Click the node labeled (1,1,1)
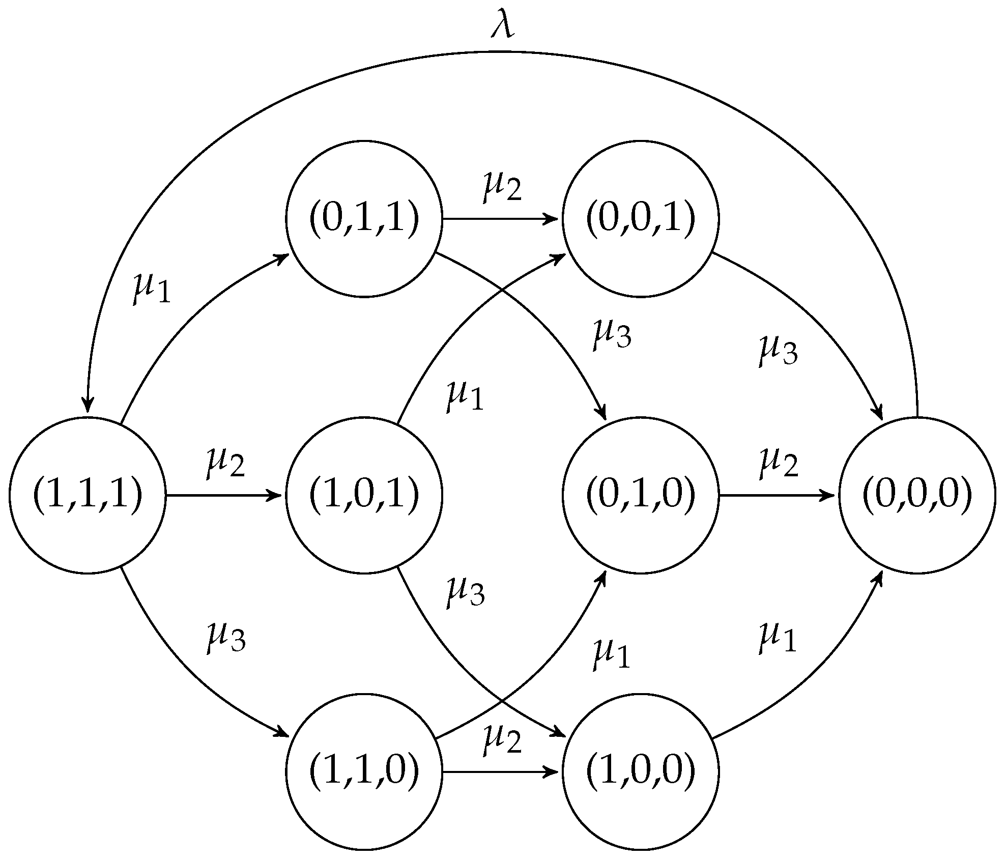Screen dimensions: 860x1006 pos(88,495)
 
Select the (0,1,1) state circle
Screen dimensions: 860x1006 pos(364,218)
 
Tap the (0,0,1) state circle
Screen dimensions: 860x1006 pos(640,218)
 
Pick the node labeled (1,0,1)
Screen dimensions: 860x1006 pos(364,495)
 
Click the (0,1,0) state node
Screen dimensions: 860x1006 pos(640,495)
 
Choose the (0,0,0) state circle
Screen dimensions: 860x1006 pos(916,495)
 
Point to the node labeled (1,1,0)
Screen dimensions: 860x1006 pos(364,771)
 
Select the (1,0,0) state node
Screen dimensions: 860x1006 pos(640,771)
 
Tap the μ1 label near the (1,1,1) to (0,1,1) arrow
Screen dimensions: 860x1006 pos(151,288)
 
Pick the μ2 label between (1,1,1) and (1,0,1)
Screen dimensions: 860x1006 pos(225,463)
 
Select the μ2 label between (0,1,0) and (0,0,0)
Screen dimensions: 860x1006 pos(778,463)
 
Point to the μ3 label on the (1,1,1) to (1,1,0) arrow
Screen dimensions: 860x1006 pos(225,638)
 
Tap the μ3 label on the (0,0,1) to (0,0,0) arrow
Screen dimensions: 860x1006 pos(778,350)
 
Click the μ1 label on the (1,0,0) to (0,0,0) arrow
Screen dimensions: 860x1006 pos(777,638)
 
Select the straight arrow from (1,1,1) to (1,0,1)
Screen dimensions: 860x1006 pos(224,495)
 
